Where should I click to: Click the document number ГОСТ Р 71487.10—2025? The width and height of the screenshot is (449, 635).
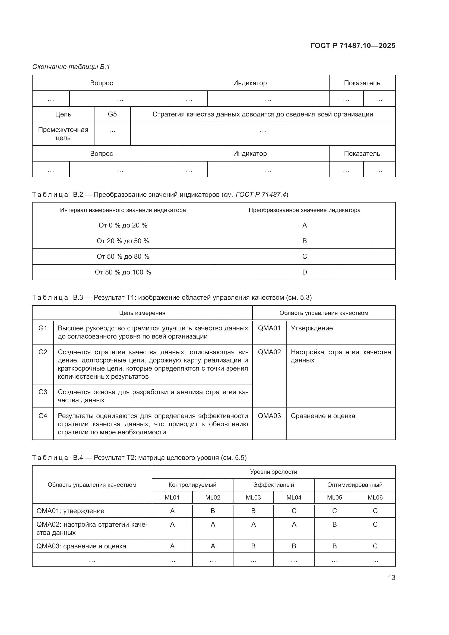353,46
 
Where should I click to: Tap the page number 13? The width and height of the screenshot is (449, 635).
391,577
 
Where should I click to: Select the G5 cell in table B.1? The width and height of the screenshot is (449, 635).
112,114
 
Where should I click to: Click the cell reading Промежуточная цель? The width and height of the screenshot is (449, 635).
63,134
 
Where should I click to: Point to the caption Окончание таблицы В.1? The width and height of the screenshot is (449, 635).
71,67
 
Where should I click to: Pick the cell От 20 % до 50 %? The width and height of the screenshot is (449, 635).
123,241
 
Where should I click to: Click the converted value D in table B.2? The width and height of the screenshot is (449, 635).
304,272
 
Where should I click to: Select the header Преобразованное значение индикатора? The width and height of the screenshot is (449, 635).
304,210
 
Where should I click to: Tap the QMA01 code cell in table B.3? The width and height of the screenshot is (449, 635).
269,328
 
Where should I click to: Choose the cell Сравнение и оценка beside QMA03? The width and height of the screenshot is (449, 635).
323,416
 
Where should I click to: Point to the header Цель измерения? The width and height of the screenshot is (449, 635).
142,313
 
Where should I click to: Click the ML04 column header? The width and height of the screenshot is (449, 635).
294,497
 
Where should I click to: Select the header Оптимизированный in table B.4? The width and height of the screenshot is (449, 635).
355,485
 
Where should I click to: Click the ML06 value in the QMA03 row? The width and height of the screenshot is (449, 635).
375,546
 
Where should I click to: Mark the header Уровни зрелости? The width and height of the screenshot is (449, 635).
273,472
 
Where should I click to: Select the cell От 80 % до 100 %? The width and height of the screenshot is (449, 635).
123,272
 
